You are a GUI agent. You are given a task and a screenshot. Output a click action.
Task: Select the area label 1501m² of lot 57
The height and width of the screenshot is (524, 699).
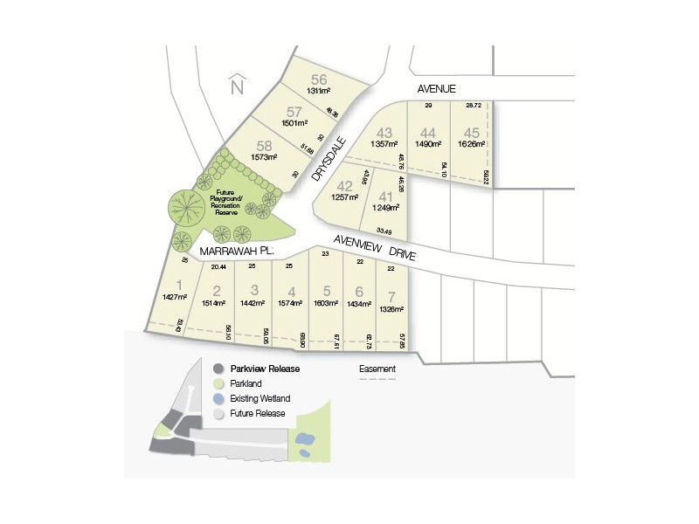click(x=295, y=123)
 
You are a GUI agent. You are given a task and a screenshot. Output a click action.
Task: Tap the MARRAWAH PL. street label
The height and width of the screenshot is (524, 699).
click(x=236, y=251)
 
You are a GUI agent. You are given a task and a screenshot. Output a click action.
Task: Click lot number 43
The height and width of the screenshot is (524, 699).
click(x=384, y=133)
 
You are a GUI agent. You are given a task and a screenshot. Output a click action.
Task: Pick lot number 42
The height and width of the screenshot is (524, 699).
click(x=345, y=185)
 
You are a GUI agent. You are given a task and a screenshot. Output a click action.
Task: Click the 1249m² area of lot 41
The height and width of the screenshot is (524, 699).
click(x=384, y=207)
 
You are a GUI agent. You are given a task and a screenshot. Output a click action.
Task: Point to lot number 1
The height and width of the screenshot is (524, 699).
click(x=179, y=284)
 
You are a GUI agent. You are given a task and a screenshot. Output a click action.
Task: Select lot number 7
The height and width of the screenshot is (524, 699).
click(x=391, y=295)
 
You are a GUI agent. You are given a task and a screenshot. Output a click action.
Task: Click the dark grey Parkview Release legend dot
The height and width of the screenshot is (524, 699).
click(x=218, y=369)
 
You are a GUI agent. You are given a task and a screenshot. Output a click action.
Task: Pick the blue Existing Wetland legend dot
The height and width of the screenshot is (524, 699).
click(x=218, y=398)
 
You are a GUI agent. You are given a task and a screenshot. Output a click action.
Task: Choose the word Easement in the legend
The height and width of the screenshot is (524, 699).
click(x=377, y=369)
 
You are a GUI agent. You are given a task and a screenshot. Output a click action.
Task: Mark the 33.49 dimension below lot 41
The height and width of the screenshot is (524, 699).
click(x=384, y=230)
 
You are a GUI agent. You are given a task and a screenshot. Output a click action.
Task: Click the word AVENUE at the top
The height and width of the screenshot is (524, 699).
click(x=436, y=88)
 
